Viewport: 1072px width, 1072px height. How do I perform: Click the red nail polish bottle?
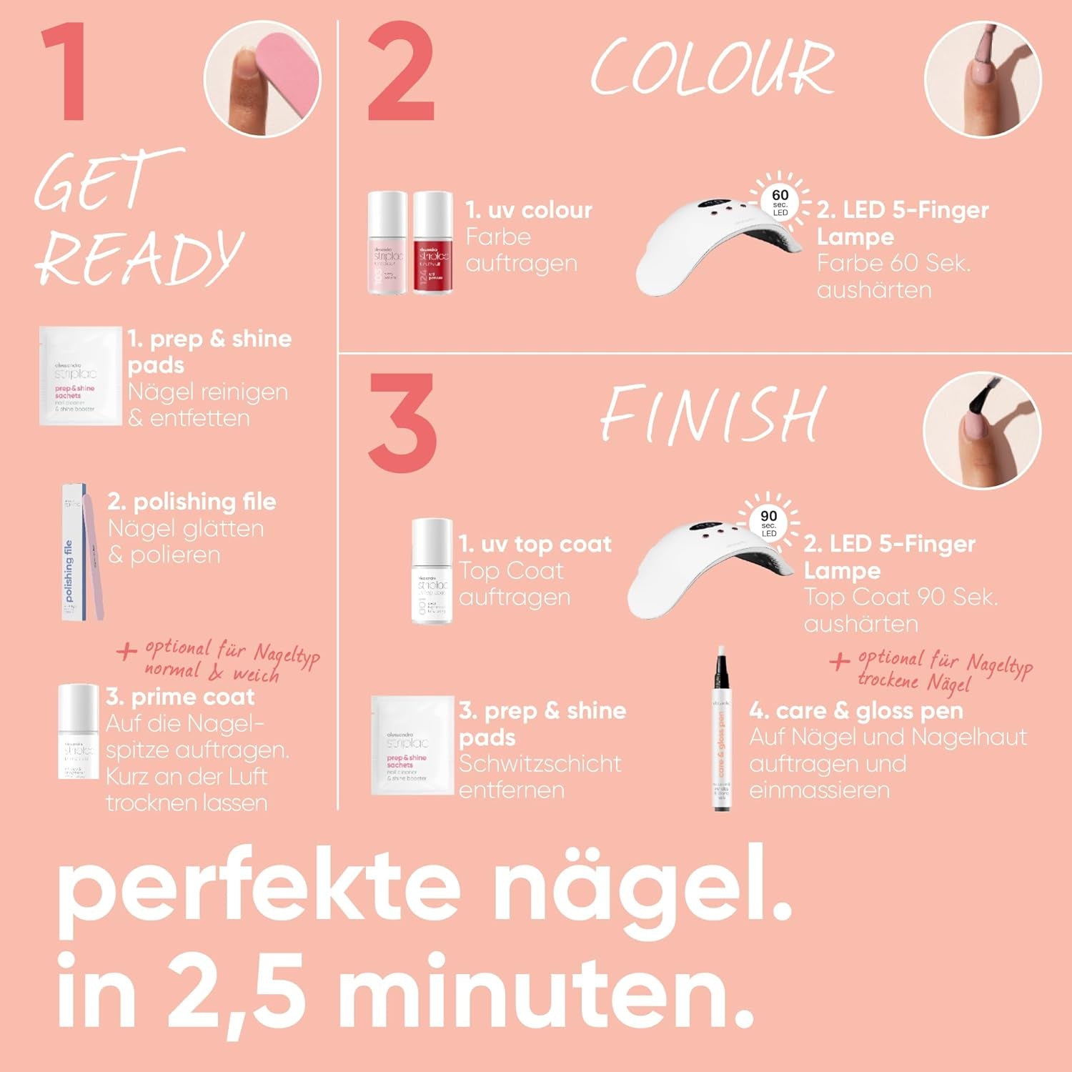tap(432, 243)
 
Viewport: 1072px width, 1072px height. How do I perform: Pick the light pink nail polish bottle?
tap(387, 243)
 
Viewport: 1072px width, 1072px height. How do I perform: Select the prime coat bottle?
tap(78, 732)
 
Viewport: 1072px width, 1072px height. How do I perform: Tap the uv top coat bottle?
tap(432, 572)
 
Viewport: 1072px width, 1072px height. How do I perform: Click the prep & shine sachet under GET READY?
tap(80, 376)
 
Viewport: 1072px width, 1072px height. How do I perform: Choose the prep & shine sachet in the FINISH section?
tap(412, 745)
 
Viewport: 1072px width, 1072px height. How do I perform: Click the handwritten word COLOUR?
tap(713, 68)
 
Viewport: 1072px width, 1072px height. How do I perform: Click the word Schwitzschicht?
tap(540, 763)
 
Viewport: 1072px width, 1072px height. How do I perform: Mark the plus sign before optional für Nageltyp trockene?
tap(839, 660)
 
